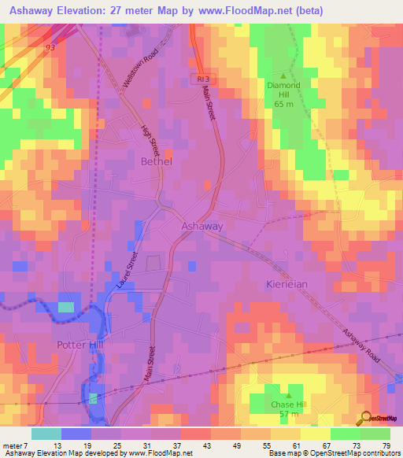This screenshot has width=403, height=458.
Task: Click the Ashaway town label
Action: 202,226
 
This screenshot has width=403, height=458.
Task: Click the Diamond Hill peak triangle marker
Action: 284,76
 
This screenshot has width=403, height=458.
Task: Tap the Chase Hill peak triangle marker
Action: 287,396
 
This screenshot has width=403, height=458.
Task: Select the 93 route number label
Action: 50,48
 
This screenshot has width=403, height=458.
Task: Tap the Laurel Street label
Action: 125,272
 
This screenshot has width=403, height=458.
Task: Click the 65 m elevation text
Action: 284,102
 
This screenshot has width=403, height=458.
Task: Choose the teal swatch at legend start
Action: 46,434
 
